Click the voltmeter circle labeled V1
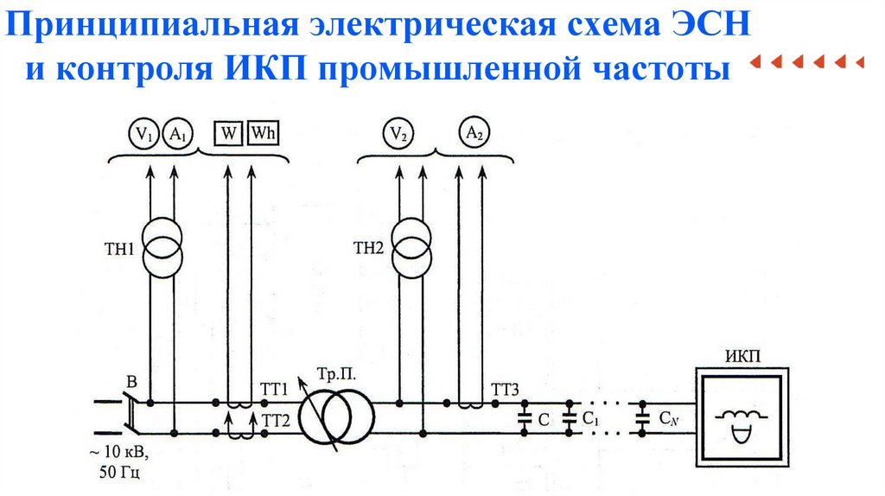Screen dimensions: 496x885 143,134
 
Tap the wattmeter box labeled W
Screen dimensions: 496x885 228,134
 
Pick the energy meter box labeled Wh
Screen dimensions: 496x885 263,134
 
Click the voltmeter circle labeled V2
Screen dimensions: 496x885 397,134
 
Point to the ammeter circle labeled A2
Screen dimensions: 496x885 473,134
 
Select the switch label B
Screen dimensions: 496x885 132,380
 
